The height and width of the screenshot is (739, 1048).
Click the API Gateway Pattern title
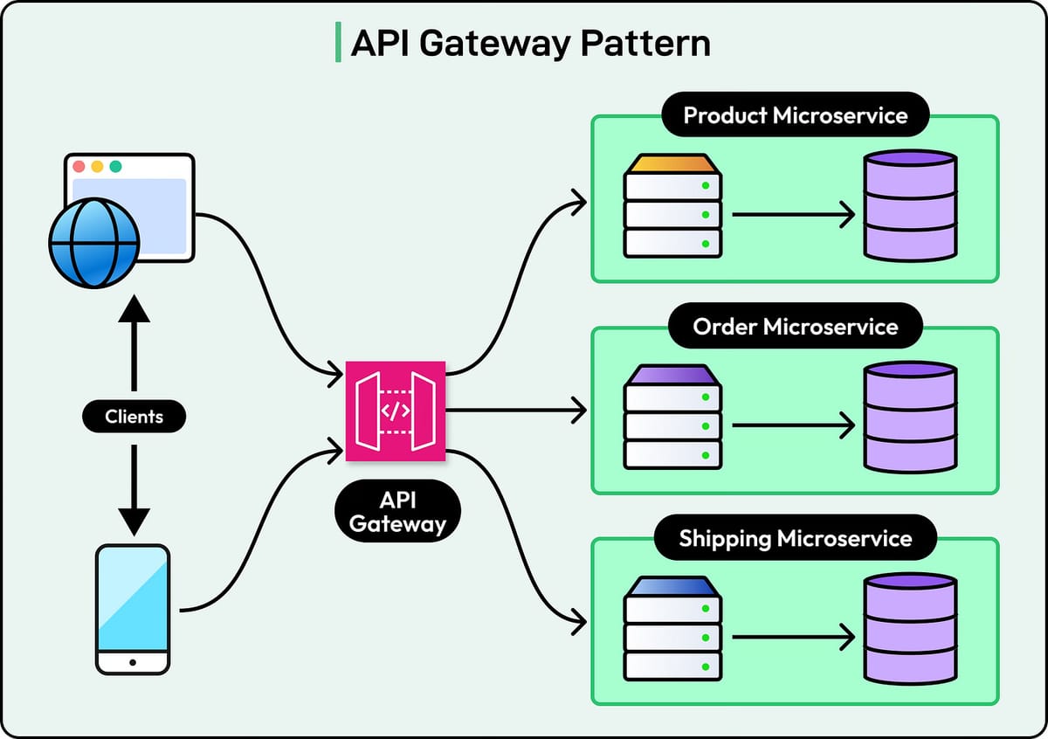(x=530, y=44)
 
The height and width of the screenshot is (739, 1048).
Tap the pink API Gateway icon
(x=396, y=411)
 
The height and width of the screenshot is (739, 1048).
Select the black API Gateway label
(x=397, y=511)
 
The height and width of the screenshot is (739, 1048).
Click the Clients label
(x=134, y=417)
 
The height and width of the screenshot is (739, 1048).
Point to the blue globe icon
(x=93, y=242)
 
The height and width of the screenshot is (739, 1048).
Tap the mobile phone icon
(x=133, y=609)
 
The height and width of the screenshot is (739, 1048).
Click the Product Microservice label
(x=795, y=115)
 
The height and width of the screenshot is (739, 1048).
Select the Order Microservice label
(x=795, y=327)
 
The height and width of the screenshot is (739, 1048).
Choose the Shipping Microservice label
(x=795, y=538)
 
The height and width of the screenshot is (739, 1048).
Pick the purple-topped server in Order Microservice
(x=672, y=417)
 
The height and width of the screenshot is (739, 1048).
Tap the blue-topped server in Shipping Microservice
(x=672, y=628)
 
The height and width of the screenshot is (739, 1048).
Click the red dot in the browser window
(x=79, y=166)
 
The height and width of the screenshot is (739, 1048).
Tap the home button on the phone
(x=133, y=663)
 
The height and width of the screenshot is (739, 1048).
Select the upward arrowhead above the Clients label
(x=134, y=308)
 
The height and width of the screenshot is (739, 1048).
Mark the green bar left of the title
(x=338, y=44)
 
